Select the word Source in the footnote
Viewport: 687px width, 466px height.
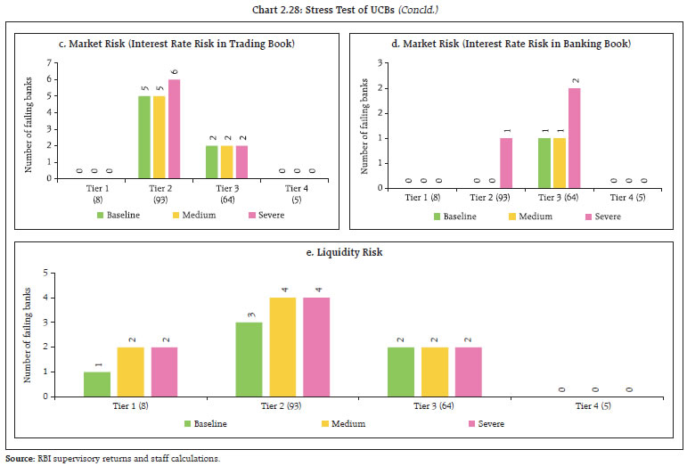point(20,458)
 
